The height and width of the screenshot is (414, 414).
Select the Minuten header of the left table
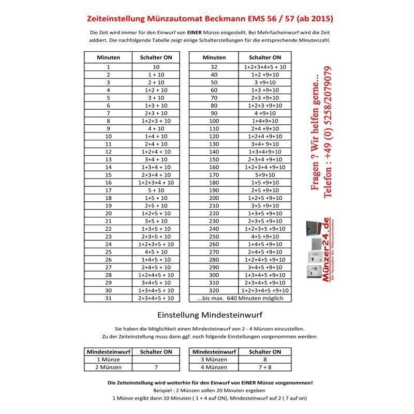(x=109, y=57)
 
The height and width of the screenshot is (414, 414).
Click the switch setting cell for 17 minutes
(x=156, y=190)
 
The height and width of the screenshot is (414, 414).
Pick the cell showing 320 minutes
(x=214, y=290)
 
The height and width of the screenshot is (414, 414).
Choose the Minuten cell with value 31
(x=109, y=298)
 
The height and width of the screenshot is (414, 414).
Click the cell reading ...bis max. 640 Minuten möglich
(x=240, y=298)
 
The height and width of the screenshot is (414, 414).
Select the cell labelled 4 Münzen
(x=214, y=367)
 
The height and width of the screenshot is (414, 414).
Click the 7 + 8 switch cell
(x=265, y=367)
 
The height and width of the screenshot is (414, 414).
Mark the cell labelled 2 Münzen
(x=109, y=367)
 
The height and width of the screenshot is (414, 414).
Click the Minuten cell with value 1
(x=109, y=67)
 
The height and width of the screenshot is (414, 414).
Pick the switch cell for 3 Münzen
(x=265, y=359)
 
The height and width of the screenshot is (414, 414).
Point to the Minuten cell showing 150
(x=214, y=159)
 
